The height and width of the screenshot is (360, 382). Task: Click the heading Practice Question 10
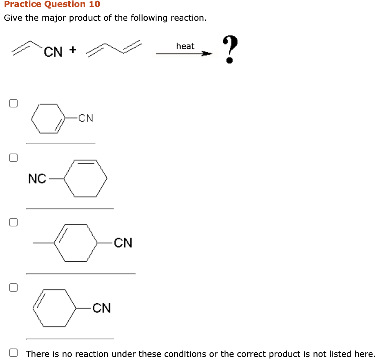[x=52, y=4]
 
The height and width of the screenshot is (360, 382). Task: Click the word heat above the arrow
[x=185, y=46]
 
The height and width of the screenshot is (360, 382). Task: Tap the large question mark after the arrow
[x=229, y=49]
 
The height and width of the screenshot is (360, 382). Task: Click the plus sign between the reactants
[x=73, y=50]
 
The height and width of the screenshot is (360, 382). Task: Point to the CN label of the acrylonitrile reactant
[x=53, y=52]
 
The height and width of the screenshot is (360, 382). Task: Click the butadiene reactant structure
[x=114, y=48]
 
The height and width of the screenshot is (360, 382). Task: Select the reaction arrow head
[x=207, y=54]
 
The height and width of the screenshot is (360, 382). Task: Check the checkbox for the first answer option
[x=13, y=103]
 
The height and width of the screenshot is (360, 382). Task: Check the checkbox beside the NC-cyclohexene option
[x=13, y=158]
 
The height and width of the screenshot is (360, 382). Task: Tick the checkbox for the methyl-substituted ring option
[x=13, y=222]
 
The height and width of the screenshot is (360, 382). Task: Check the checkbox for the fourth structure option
[x=13, y=287]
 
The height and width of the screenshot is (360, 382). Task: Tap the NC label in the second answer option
[x=37, y=178]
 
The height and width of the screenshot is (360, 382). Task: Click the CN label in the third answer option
[x=123, y=243]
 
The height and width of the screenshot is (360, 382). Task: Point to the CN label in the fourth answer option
[x=102, y=308]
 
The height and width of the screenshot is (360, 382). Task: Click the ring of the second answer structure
[x=86, y=178]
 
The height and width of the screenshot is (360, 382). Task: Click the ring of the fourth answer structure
[x=54, y=308]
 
